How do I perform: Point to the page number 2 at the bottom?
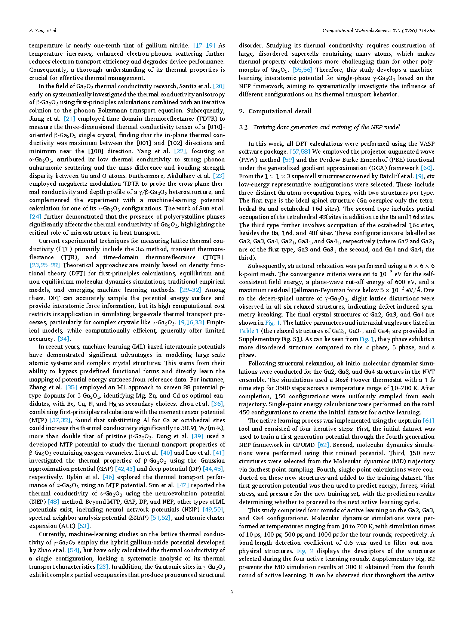232,591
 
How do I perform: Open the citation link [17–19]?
204,46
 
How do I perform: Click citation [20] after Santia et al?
219,86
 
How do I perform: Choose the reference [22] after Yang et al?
180,151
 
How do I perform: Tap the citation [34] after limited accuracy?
63,339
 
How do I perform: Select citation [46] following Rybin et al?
108,477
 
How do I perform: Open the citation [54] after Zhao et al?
73,550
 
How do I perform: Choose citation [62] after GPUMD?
323,445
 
